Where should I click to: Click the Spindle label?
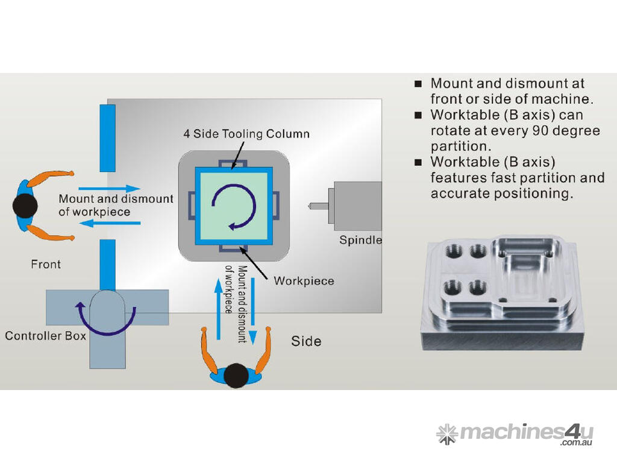(x=360, y=240)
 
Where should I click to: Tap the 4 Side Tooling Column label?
(x=246, y=133)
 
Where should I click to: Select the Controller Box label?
(x=45, y=335)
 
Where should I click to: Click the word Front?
(x=46, y=264)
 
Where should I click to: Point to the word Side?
(x=306, y=341)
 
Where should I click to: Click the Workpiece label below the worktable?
(x=304, y=281)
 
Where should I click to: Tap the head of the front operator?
(x=25, y=206)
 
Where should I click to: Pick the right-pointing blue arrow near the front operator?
(x=109, y=188)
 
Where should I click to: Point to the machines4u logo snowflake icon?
(x=446, y=433)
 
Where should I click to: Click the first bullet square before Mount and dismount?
(x=418, y=84)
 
